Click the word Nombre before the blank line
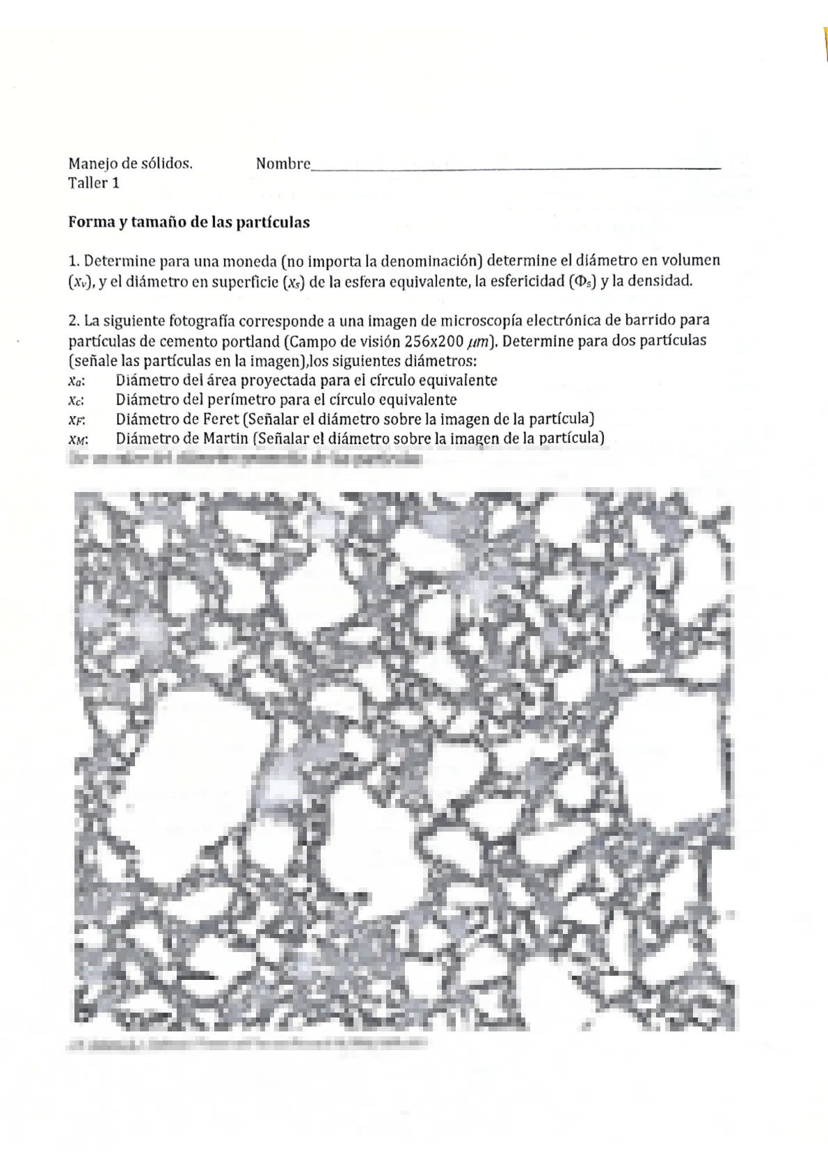tap(282, 164)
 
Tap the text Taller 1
tap(94, 183)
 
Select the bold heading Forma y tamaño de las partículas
tap(189, 223)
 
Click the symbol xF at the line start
tap(77, 420)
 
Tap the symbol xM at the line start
tap(77, 439)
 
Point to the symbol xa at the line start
tap(77, 381)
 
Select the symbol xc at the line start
tap(77, 400)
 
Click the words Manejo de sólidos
tap(130, 164)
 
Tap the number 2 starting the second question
tap(72, 322)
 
